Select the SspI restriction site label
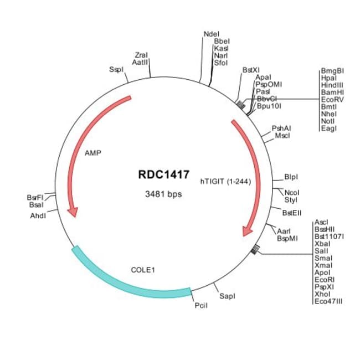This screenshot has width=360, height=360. (116, 70)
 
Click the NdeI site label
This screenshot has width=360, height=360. (212, 34)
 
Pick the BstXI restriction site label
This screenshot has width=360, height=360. (251, 70)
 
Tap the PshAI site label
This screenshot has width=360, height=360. (281, 128)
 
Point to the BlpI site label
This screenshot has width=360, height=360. (291, 177)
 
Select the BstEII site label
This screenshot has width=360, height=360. (292, 213)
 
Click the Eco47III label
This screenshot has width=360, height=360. (329, 301)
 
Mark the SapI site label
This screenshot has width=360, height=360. (227, 296)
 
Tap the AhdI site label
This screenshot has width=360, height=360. (38, 215)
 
